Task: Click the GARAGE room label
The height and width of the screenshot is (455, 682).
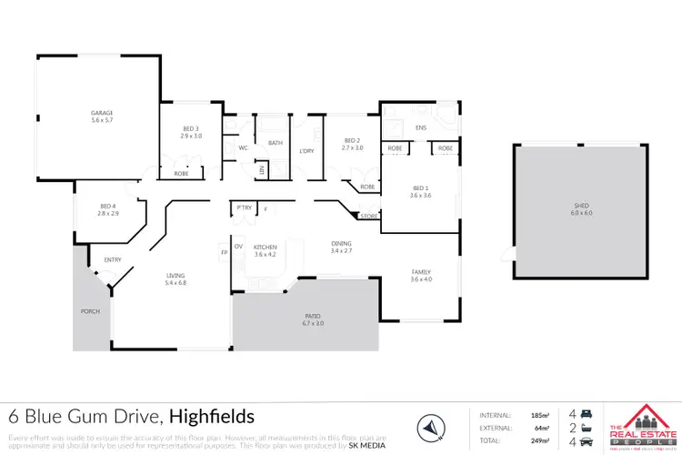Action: pos(101,113)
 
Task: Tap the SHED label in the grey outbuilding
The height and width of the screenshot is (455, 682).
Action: pos(581,206)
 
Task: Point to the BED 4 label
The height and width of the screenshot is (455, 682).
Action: pos(108,206)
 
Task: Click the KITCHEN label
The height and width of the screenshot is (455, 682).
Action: pos(265,247)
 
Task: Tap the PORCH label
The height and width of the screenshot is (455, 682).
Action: pos(90,311)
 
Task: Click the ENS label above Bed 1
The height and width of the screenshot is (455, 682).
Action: pos(420,128)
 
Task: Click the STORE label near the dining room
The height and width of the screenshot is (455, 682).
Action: pos(368,216)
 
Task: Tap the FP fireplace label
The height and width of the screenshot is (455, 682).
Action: pos(224,251)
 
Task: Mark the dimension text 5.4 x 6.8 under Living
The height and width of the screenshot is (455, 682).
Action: pos(176,282)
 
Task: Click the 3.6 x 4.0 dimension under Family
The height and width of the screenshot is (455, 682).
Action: pos(420,278)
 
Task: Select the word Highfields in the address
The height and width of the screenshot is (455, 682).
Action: pos(211,417)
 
